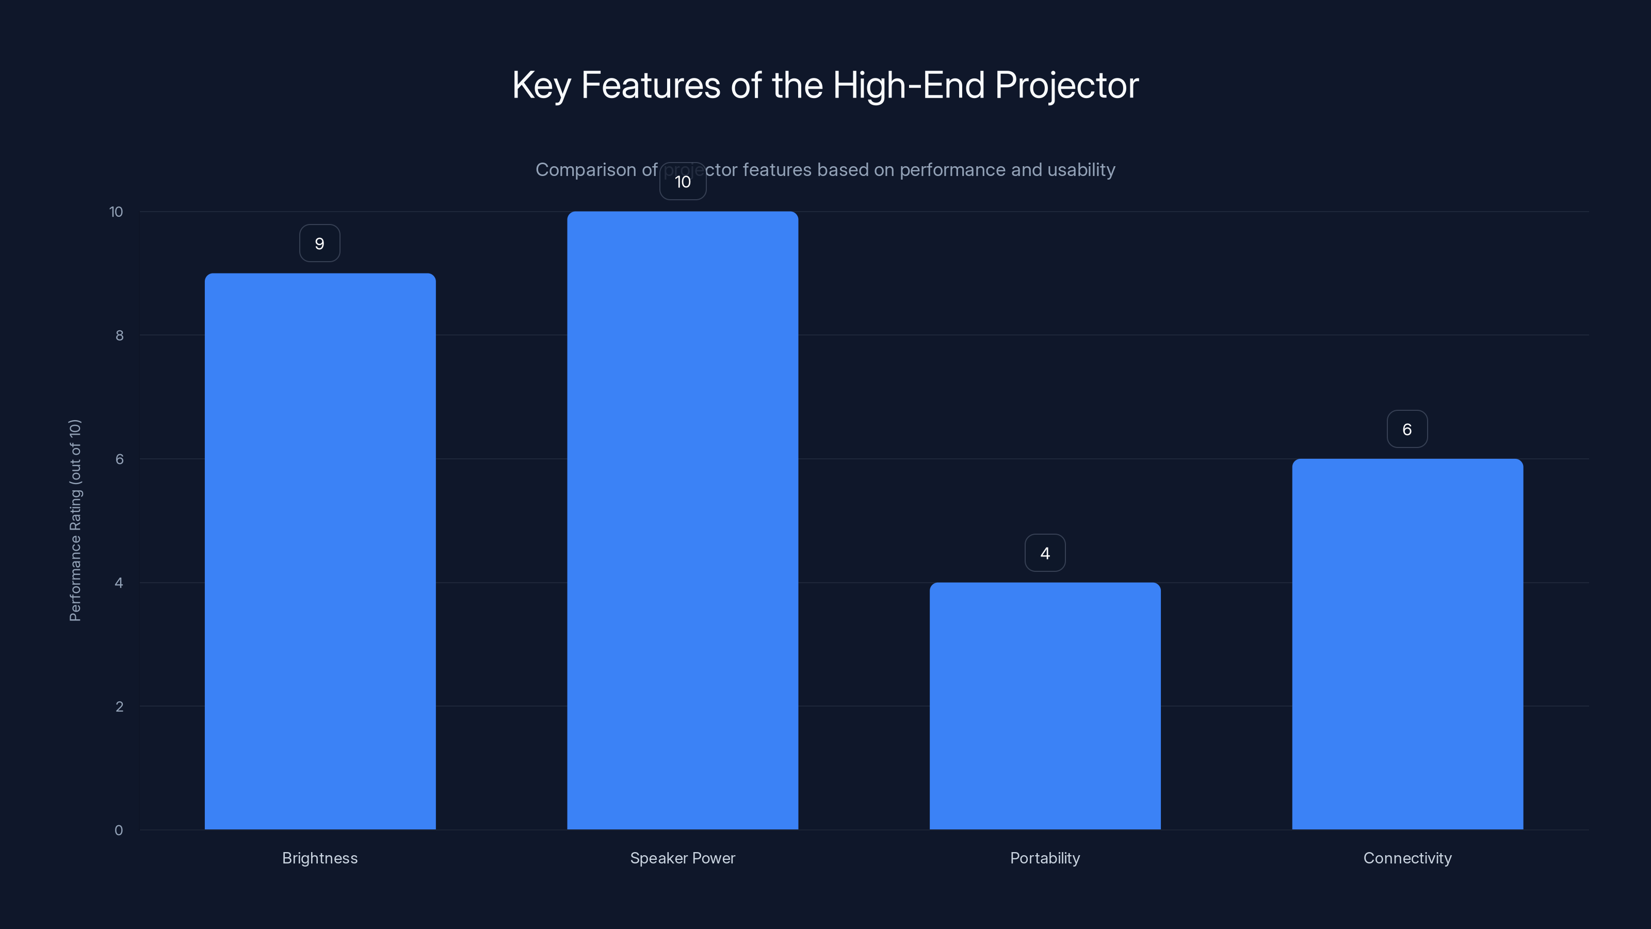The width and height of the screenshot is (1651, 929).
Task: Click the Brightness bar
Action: coord(320,551)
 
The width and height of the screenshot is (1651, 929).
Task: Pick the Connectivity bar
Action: coord(1407,644)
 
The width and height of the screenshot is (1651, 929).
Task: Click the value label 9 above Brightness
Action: coord(320,244)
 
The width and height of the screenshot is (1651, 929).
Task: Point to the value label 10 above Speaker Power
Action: coord(683,182)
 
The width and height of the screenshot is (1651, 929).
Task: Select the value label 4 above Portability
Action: coord(1045,553)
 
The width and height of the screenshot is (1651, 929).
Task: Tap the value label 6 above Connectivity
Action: coord(1407,429)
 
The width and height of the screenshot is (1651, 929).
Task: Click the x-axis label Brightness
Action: coord(320,858)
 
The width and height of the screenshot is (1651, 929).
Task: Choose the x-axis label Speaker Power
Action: coord(683,858)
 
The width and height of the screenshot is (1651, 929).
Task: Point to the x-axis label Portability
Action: coord(1045,858)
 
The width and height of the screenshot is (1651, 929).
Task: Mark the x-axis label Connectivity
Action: coord(1407,858)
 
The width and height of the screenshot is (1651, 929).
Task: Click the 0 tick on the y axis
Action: coord(119,830)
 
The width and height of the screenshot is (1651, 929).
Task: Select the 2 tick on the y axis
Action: coord(119,707)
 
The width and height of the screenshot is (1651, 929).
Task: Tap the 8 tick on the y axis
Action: coord(119,335)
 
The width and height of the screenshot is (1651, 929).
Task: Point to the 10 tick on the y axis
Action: coord(116,212)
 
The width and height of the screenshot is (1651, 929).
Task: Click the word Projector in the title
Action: coord(1066,85)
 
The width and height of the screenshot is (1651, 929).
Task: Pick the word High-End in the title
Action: coord(908,85)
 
